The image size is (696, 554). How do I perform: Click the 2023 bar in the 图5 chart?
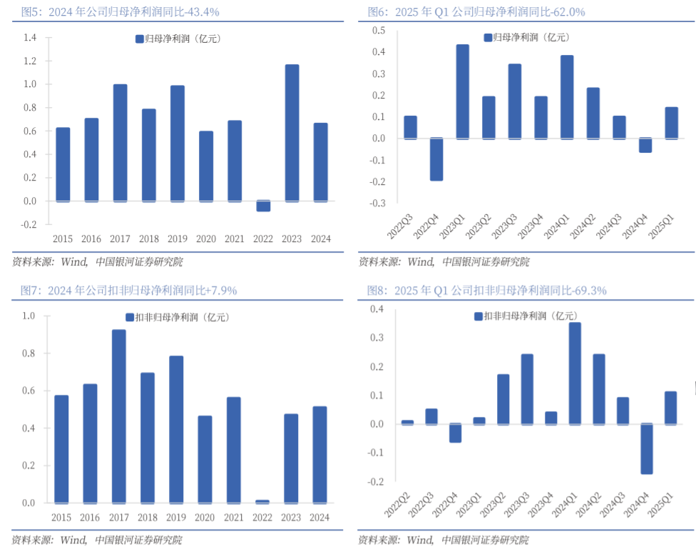[x=292, y=133]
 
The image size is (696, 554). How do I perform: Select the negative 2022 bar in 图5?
[x=263, y=206]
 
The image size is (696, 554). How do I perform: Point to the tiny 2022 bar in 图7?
[x=262, y=501]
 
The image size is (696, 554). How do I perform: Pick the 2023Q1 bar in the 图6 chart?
[x=463, y=91]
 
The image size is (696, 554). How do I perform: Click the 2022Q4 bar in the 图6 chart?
[x=436, y=159]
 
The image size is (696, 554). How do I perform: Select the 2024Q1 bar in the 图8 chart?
[x=575, y=373]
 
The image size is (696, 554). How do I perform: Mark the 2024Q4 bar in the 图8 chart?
[x=647, y=449]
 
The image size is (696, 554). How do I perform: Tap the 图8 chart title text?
[x=486, y=291]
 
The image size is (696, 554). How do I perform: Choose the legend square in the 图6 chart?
[x=488, y=38]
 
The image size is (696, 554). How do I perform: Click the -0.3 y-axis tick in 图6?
[x=378, y=203]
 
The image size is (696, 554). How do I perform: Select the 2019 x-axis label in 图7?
[x=177, y=518]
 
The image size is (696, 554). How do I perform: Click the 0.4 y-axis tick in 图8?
[x=377, y=309]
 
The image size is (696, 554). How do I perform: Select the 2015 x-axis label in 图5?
[x=62, y=239]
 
